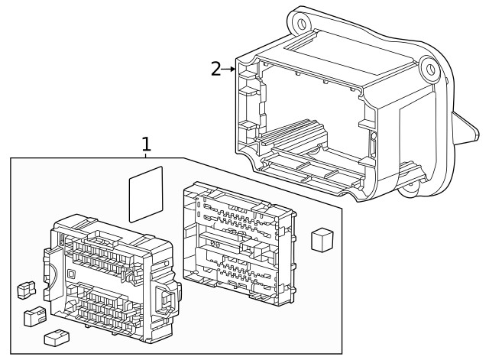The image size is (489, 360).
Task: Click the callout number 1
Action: tap(146, 143)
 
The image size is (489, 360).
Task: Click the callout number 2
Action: tap(216, 69)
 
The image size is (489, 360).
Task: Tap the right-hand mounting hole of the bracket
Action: tap(432, 71)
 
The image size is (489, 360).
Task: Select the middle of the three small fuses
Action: tap(33, 315)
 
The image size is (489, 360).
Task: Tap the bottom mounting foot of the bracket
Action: tap(413, 183)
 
